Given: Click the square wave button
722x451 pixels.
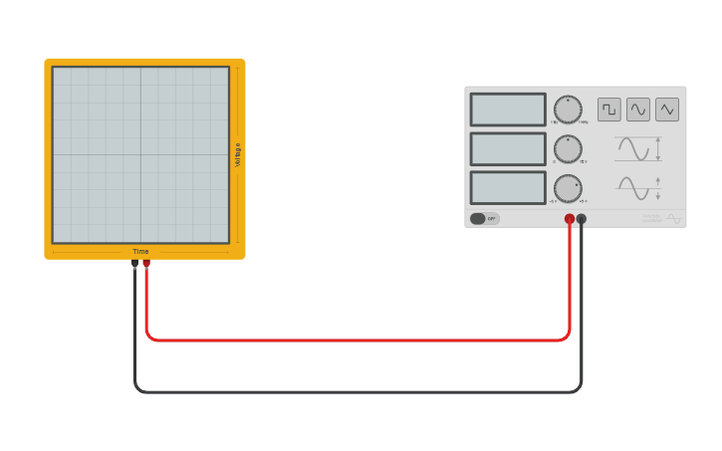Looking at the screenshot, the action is click(608, 110).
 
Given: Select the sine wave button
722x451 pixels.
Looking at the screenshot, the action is click(638, 110).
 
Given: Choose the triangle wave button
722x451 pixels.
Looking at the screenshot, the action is click(667, 110).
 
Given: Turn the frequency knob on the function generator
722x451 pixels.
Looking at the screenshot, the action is click(568, 110).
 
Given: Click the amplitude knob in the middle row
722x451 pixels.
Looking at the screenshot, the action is click(568, 149).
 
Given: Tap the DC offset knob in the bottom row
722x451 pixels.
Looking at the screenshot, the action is click(568, 188).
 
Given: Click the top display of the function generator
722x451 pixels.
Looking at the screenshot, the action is click(508, 110).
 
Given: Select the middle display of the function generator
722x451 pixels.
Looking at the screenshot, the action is click(508, 149).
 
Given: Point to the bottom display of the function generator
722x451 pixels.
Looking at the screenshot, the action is click(508, 188).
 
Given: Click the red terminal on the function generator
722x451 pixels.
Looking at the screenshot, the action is click(570, 219).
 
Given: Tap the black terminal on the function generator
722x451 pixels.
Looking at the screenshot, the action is click(582, 219).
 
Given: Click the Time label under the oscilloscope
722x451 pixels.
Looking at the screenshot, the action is click(140, 252).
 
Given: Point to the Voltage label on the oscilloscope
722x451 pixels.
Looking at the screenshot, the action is click(238, 154).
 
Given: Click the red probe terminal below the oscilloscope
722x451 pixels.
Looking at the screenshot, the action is click(146, 263).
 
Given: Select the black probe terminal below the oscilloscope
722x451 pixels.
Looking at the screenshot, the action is click(134, 263).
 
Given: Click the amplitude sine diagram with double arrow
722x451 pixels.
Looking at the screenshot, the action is click(637, 149).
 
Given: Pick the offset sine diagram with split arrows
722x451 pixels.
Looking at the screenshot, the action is click(637, 188).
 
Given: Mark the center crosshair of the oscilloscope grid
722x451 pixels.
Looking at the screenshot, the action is click(140, 154).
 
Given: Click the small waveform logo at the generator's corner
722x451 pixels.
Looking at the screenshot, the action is click(674, 219).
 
